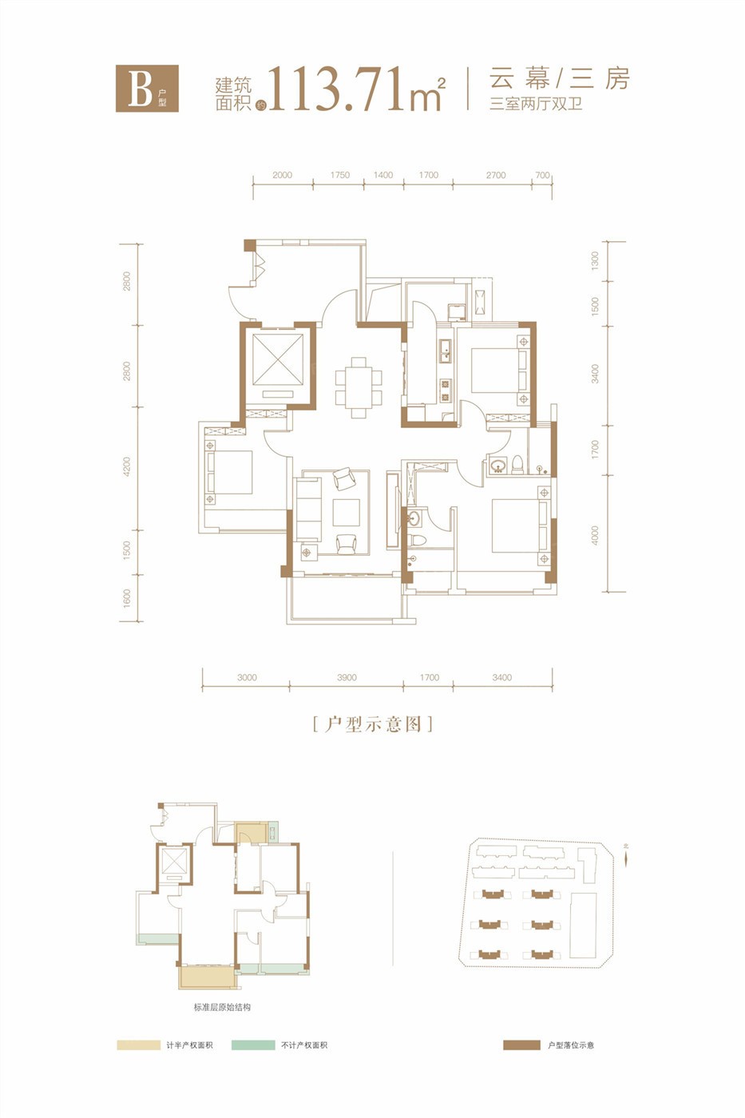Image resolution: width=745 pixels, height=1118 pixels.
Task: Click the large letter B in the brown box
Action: (x=141, y=89)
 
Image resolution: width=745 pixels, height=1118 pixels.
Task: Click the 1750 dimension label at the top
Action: (x=340, y=175)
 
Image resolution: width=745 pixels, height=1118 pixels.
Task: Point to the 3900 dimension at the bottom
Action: (x=347, y=677)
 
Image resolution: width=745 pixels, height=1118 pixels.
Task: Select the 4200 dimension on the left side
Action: (x=127, y=466)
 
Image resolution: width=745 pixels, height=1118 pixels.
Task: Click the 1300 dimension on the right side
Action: (x=594, y=261)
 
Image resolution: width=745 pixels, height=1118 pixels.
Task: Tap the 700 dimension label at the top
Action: (x=542, y=175)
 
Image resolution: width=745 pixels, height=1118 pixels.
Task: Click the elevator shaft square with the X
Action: (x=278, y=359)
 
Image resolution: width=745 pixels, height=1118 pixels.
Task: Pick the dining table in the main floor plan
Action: (x=359, y=387)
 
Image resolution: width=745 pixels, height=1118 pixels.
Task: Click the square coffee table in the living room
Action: (x=347, y=512)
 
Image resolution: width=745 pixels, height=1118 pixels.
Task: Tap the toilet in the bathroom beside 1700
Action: (x=517, y=464)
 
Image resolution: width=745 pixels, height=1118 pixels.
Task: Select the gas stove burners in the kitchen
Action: (x=445, y=391)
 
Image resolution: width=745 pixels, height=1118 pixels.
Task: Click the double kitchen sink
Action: (x=445, y=351)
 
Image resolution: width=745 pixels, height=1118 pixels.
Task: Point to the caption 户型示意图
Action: (x=373, y=724)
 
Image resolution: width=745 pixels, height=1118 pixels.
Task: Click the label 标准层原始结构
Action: (x=222, y=1007)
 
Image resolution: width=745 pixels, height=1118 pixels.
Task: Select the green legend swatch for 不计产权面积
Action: (x=253, y=1045)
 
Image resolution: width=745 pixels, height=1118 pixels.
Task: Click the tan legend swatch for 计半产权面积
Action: (x=138, y=1045)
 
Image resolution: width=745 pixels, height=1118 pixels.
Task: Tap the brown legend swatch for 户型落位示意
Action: (x=521, y=1045)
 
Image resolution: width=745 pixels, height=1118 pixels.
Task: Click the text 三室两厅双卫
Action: (x=536, y=105)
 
